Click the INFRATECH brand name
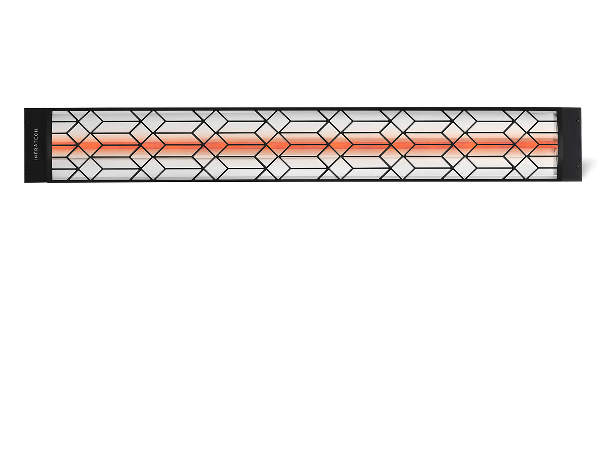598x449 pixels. point(36,145)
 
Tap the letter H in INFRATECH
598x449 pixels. point(36,130)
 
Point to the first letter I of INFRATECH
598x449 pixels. point(36,159)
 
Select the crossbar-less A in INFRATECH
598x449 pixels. point(36,145)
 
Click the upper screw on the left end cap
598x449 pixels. point(29,122)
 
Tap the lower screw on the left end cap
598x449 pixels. point(29,168)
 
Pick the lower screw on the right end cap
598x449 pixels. point(576,167)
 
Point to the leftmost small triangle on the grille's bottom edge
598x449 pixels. point(79,176)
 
